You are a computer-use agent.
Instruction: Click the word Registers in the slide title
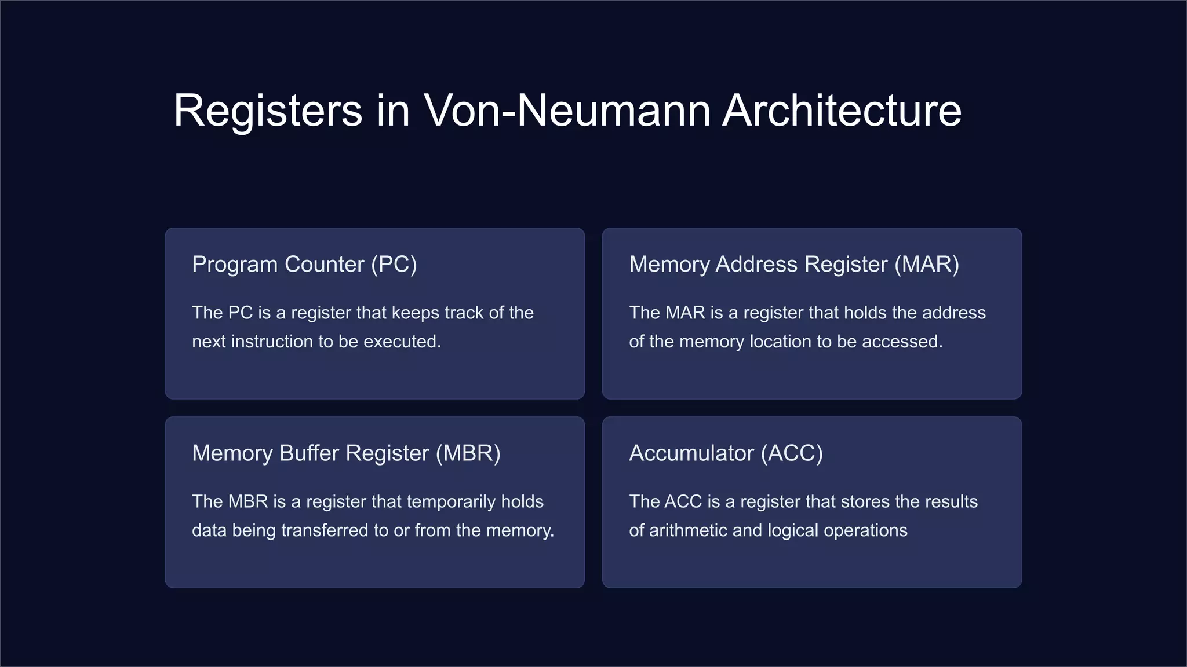click(x=268, y=111)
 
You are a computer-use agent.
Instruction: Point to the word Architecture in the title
click(x=842, y=111)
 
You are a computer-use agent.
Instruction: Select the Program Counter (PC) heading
click(x=304, y=265)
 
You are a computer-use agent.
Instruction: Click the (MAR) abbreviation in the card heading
click(x=926, y=265)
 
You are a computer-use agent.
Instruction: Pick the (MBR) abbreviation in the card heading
click(x=468, y=453)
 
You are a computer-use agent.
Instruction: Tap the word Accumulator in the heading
click(x=691, y=453)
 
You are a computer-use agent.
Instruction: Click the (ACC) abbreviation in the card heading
click(x=792, y=453)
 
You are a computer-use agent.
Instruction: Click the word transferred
click(x=327, y=530)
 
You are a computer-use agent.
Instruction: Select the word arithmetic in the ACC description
click(x=687, y=530)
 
